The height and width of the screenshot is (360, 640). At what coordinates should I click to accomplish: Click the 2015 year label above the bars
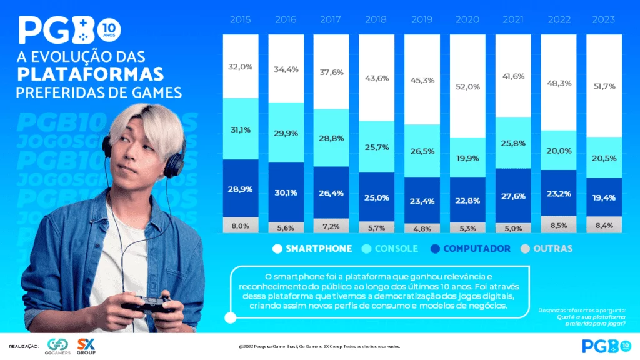click(x=241, y=20)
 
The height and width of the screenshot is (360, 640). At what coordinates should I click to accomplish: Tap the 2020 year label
click(x=467, y=20)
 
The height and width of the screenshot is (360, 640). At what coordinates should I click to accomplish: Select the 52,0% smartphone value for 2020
click(x=467, y=87)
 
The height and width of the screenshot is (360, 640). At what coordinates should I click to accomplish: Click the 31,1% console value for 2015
click(x=241, y=130)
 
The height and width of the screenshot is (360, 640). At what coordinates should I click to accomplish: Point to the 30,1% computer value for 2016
click(x=286, y=192)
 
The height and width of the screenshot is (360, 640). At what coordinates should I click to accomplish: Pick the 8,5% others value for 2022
click(x=558, y=226)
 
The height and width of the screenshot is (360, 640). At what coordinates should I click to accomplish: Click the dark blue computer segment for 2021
click(x=512, y=196)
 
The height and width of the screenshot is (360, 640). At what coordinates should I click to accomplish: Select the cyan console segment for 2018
click(x=376, y=146)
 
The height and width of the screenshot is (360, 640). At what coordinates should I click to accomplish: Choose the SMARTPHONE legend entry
click(x=312, y=249)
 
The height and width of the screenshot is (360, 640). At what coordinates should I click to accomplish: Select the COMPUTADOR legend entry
click(x=470, y=249)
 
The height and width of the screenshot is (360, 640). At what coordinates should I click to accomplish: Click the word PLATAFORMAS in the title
click(x=91, y=74)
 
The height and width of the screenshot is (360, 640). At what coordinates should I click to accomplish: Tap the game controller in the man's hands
click(x=148, y=304)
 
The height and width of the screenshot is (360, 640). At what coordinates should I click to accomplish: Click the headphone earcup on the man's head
click(x=174, y=164)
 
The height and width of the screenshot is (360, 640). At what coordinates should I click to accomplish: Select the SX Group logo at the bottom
click(x=86, y=346)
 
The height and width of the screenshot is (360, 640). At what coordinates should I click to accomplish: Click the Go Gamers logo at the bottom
click(x=58, y=346)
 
